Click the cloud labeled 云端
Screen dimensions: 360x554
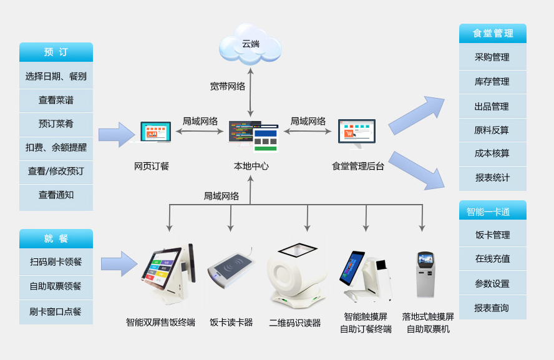pos(250,44)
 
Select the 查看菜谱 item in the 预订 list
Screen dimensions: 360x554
pos(56,100)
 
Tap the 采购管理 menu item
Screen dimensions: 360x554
pos(492,57)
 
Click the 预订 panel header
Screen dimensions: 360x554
pos(56,52)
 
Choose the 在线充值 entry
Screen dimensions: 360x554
pos(492,259)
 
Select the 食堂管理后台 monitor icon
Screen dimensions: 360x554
pos(357,134)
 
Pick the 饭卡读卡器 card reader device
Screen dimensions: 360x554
pos(231,272)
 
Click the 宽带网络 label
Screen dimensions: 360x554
pos(227,86)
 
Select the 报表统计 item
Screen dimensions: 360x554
pos(492,178)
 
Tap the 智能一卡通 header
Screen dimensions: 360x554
pos(492,212)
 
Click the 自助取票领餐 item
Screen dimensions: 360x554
pos(56,286)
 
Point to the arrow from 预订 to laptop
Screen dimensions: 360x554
pos(117,134)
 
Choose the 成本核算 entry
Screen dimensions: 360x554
pos(492,153)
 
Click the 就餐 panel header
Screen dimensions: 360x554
pos(56,238)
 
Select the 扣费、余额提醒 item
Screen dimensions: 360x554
pos(56,148)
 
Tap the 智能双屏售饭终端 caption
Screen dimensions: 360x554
pos(160,323)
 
